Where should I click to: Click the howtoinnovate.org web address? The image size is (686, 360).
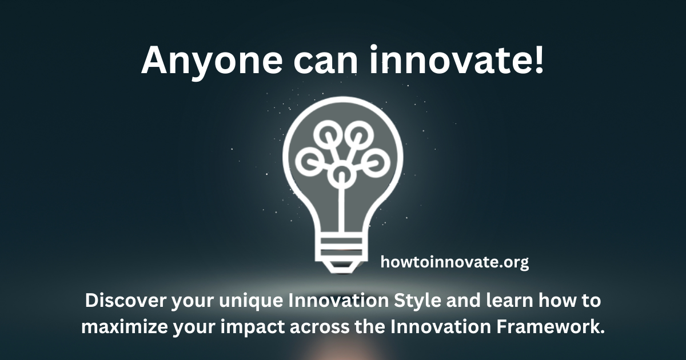tap(454, 262)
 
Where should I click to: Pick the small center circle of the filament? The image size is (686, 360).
tap(342, 173)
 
